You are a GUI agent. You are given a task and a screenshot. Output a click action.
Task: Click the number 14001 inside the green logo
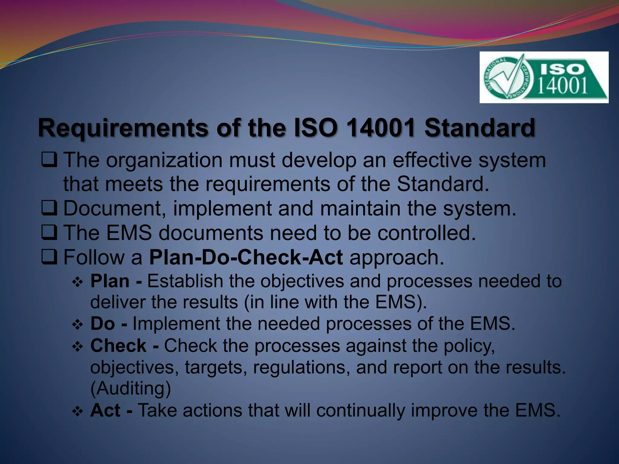tap(562, 85)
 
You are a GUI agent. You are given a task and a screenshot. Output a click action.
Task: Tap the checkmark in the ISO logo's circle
tap(511, 76)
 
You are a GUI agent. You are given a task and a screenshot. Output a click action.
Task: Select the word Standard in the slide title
tap(480, 128)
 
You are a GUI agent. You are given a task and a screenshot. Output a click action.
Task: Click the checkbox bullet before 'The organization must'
tap(49, 160)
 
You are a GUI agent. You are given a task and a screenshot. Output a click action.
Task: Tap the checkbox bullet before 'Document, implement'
tap(49, 208)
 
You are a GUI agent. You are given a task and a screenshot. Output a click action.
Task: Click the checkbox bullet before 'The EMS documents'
tap(49, 233)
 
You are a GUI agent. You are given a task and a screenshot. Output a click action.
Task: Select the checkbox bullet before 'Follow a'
tap(49, 257)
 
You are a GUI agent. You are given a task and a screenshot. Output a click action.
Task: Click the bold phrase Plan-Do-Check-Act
tap(246, 257)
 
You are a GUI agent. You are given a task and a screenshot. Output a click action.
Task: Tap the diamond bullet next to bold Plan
tap(78, 282)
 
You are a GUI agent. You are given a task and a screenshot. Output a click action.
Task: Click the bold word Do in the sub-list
tap(103, 324)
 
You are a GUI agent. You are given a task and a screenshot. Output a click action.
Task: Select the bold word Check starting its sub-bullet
tap(118, 346)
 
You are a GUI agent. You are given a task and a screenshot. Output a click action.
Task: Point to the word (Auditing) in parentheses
tap(131, 388)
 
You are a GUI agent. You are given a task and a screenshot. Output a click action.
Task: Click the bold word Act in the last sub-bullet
tap(105, 410)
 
